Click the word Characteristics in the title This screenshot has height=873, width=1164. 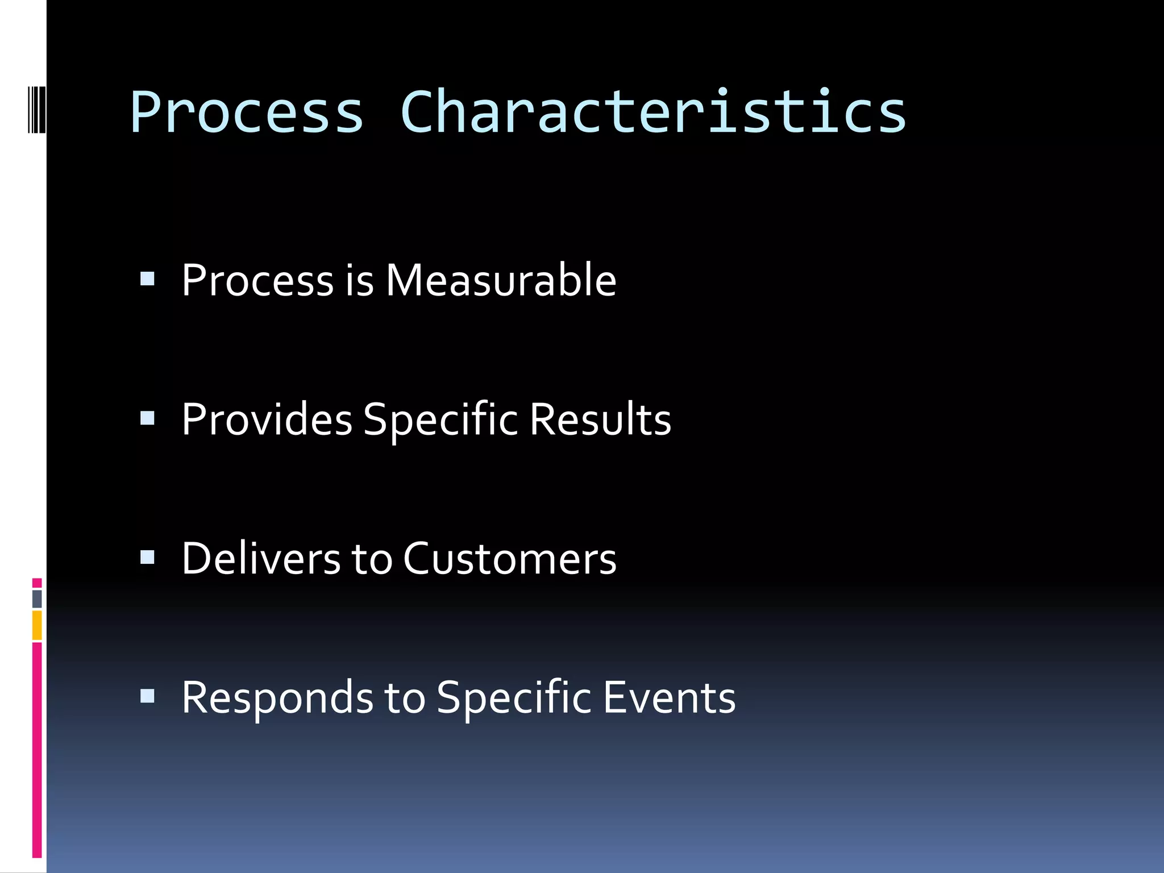653,112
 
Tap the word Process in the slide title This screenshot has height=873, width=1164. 247,112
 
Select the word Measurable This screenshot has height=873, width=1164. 501,280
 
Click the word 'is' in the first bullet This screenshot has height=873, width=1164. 359,280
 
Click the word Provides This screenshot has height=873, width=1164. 267,419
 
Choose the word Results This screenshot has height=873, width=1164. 600,419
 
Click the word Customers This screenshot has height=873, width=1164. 510,559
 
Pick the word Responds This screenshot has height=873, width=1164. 277,697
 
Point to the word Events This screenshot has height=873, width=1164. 669,697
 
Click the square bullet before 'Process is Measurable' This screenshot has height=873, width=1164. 147,278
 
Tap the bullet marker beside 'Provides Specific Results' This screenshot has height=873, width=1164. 147,418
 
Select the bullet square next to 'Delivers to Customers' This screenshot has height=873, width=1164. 147,558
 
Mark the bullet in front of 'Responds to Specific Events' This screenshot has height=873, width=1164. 147,696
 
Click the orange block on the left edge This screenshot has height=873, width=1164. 37,625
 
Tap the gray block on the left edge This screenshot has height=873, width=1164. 37,598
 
